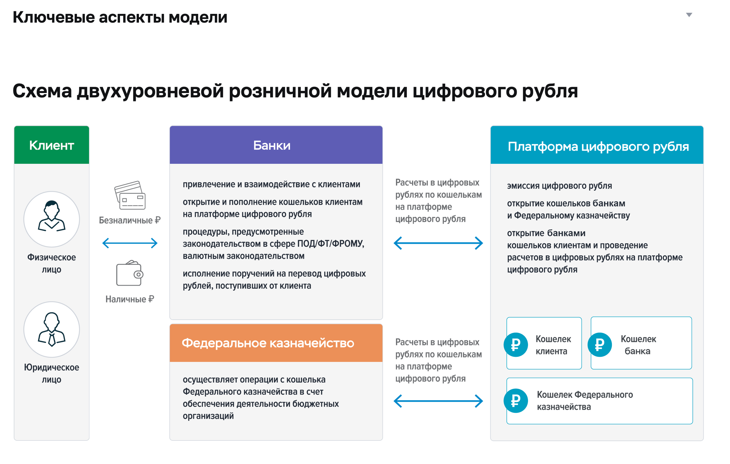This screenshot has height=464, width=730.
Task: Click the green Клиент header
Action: coord(51,145)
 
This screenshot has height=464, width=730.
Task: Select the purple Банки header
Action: coord(276,145)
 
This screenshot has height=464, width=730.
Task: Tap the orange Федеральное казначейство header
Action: coord(276,343)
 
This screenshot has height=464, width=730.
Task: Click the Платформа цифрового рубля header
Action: coord(597,145)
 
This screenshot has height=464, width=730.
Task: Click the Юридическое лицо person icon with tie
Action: coord(51,329)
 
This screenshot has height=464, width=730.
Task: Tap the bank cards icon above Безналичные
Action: coord(130,195)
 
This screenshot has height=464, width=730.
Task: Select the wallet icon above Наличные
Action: coord(130,273)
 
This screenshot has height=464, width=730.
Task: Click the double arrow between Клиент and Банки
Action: coord(130,243)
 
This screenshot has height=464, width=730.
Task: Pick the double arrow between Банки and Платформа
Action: coord(438,243)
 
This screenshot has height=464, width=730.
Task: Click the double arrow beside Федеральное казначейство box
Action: coord(438,401)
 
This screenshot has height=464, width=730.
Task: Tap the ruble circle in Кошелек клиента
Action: coord(516,345)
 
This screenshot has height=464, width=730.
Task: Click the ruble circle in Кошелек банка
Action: coord(600,345)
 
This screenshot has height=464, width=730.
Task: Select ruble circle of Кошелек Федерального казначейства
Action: coord(516,401)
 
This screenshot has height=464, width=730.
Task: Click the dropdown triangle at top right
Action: coord(689,15)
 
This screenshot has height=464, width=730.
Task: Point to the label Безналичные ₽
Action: coord(130,220)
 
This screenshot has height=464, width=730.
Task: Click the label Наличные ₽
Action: coord(130,299)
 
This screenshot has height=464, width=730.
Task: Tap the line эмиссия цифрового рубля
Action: coord(559,186)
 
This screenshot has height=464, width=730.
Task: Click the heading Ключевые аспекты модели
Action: coord(120,17)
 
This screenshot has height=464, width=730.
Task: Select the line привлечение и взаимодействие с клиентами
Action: coord(271,184)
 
